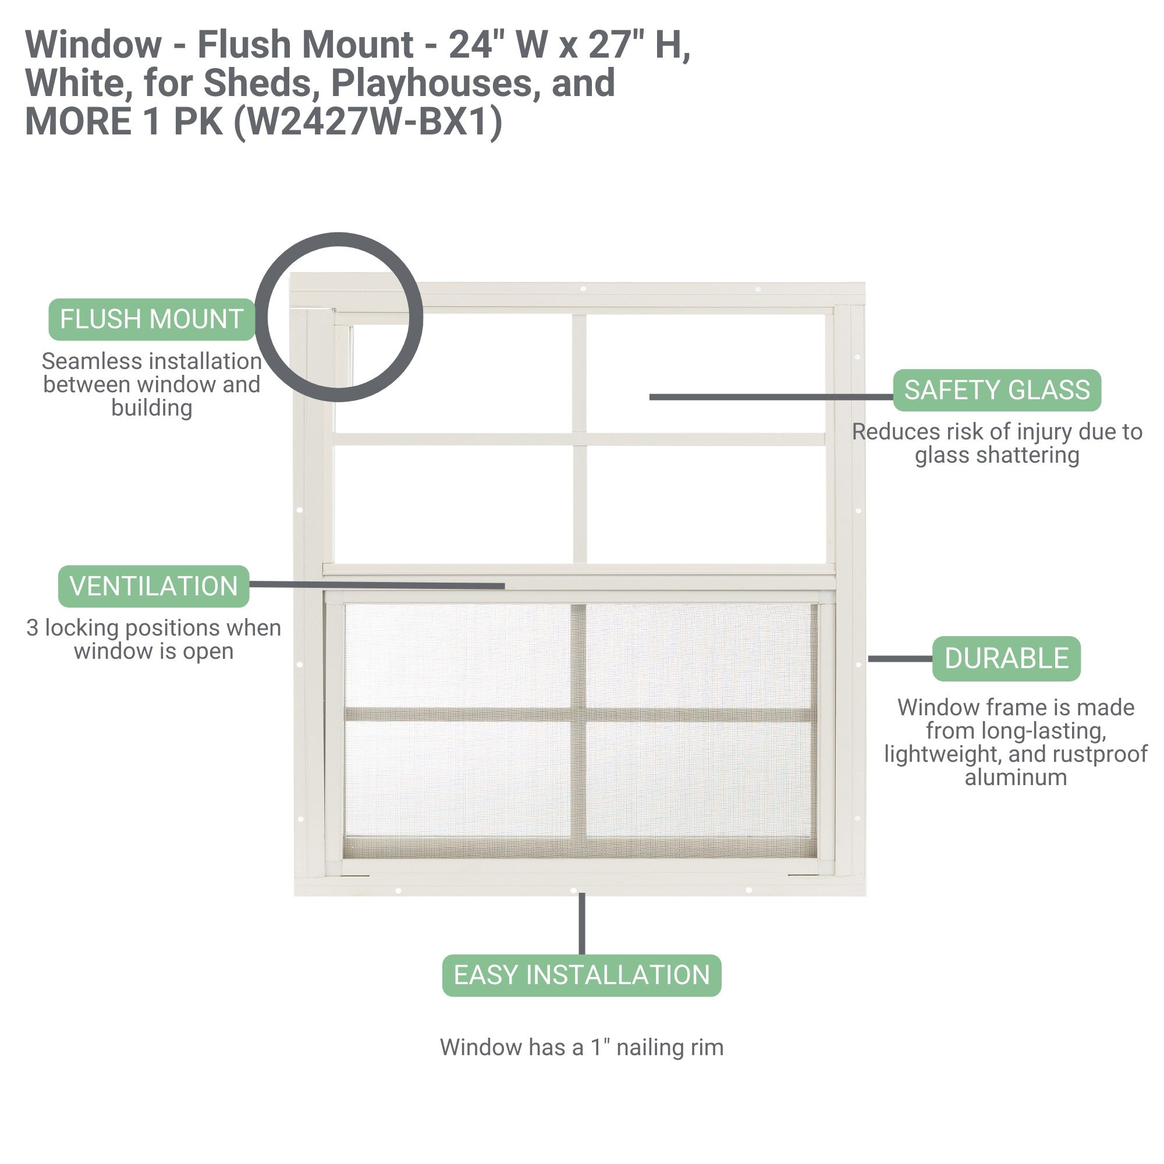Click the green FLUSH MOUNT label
pos(152,320)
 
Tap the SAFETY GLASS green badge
pos(997,391)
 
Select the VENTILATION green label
pos(154,586)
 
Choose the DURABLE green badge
pos(1006,658)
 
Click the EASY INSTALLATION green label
pos(581,975)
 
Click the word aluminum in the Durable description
pos(1016,777)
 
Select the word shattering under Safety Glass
pos(997,456)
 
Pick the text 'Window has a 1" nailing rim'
pos(581,1048)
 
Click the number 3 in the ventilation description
pos(33,629)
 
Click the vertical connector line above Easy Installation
pos(581,924)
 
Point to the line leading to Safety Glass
pos(771,397)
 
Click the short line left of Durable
pos(900,659)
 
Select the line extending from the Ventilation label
pos(377,585)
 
